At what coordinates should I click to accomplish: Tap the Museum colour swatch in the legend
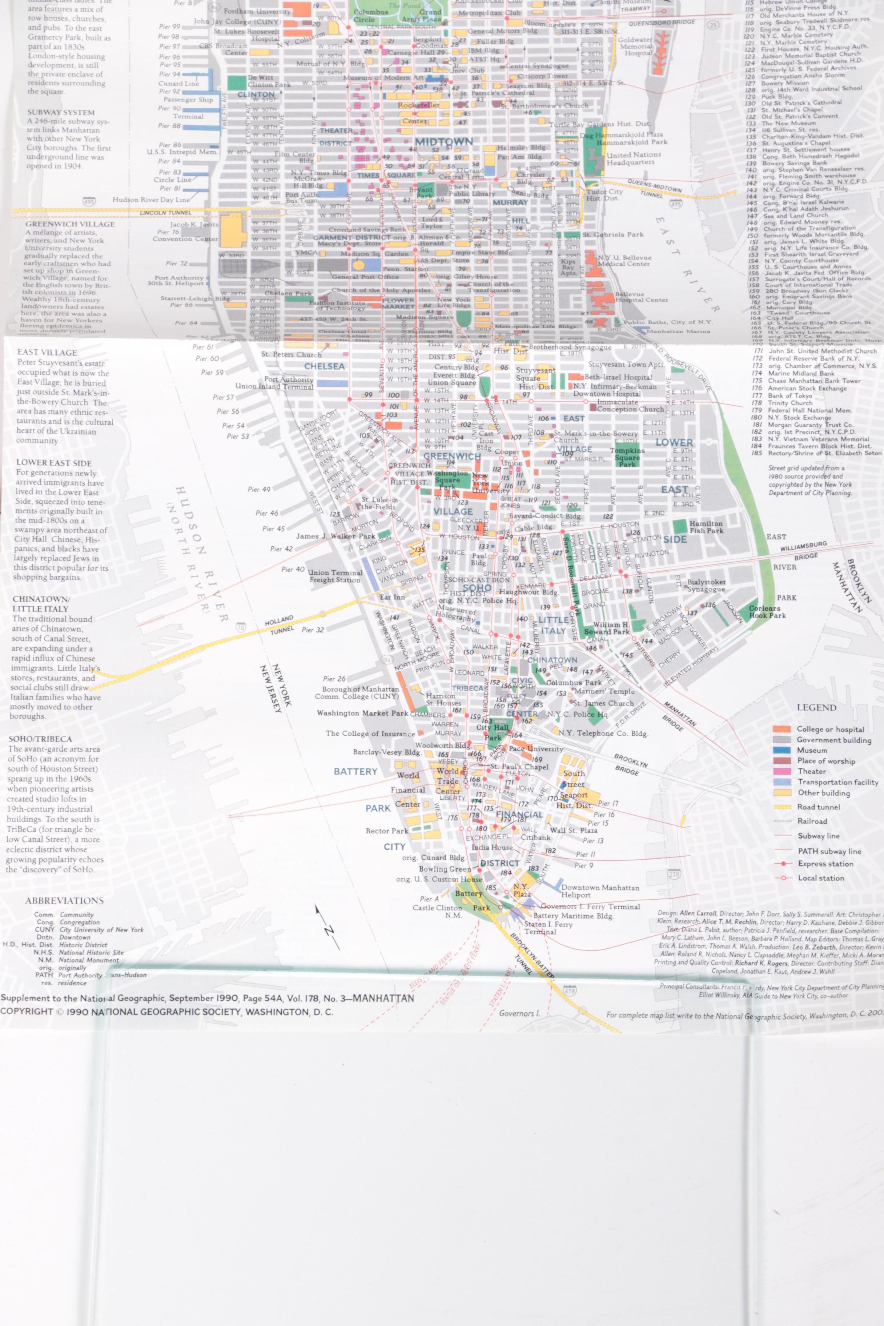tap(782, 750)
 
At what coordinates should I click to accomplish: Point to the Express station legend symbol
tap(783, 864)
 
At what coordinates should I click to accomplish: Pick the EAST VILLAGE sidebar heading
tap(47, 352)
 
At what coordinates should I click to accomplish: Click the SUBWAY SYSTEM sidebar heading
tap(61, 112)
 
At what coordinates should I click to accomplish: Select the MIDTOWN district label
tap(444, 141)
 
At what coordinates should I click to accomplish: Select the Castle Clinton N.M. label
tap(437, 911)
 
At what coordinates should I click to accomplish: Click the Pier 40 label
tap(293, 570)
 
